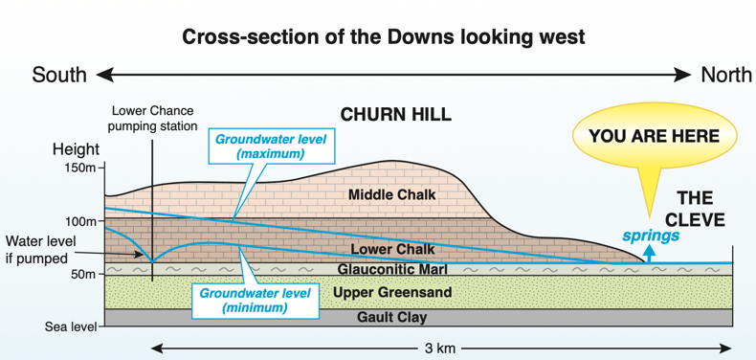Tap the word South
(59, 75)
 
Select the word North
(726, 75)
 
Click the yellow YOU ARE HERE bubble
(654, 137)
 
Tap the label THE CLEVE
(695, 209)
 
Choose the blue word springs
(652, 236)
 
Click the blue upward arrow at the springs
(648, 252)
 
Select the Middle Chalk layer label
(391, 195)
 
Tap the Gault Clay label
(392, 317)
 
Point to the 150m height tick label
(79, 169)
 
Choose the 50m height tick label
(82, 275)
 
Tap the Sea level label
(71, 327)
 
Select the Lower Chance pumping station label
(154, 118)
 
